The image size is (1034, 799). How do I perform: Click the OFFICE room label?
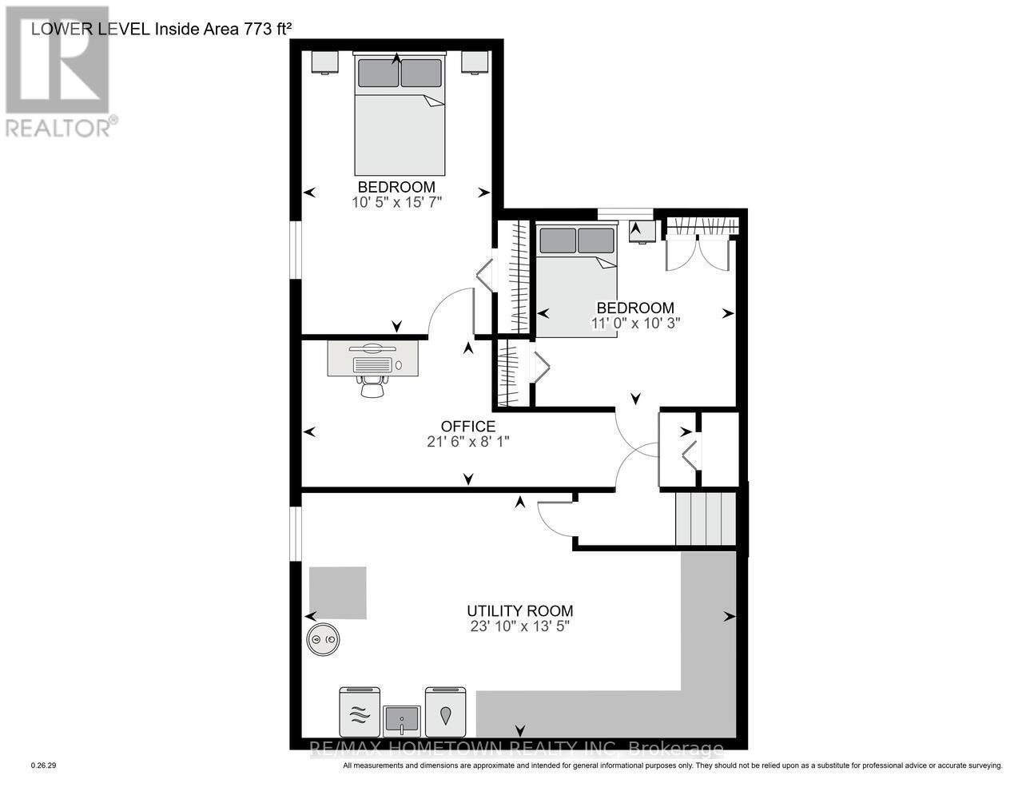click(x=468, y=427)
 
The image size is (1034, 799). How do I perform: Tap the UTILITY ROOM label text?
click(x=519, y=611)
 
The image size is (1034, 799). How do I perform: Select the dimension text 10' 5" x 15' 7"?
click(x=396, y=203)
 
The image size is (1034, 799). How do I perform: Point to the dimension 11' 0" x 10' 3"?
click(x=635, y=324)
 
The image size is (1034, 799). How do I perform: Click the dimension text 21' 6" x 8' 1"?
click(x=468, y=441)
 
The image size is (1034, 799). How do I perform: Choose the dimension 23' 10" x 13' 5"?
click(x=519, y=626)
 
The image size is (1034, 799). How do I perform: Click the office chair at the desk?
click(x=372, y=385)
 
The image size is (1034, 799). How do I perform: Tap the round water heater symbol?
click(x=324, y=640)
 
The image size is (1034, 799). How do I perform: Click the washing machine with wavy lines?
click(x=358, y=712)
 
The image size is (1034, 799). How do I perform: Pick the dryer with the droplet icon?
click(x=445, y=712)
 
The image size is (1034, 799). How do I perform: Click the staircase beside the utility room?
click(x=705, y=519)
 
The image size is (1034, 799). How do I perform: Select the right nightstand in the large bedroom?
click(x=474, y=62)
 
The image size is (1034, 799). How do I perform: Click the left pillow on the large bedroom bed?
click(x=378, y=73)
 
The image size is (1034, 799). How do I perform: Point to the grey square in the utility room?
click(x=338, y=593)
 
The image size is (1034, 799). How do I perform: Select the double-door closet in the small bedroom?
click(x=698, y=246)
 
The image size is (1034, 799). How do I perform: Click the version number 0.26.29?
click(x=43, y=765)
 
